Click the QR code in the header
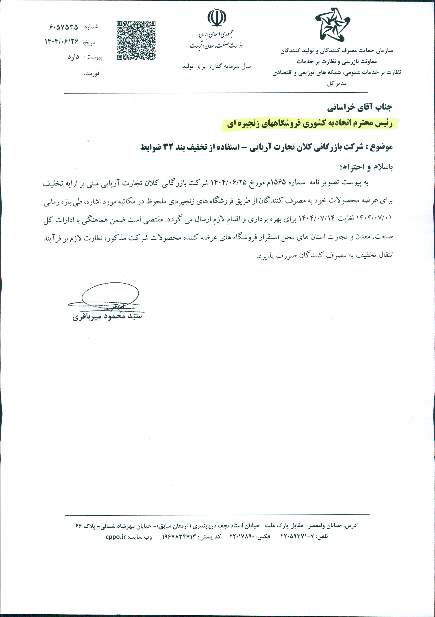[136, 40]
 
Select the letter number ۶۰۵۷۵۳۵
[64, 27]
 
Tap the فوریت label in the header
[92, 73]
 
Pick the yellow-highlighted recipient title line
[309, 124]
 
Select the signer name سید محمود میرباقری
[107, 317]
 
